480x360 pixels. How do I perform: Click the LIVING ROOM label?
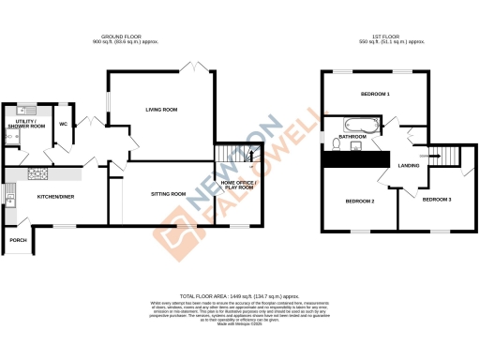click(x=161, y=110)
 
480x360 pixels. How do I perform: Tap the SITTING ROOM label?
click(x=169, y=193)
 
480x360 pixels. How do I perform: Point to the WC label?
click(x=62, y=123)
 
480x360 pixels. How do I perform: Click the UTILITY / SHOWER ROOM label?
click(x=23, y=123)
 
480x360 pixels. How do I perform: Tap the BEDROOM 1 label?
click(x=375, y=95)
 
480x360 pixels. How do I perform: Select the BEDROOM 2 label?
click(x=360, y=201)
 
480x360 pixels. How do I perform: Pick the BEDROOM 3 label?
click(x=436, y=200)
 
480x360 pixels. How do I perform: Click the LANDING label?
click(x=409, y=166)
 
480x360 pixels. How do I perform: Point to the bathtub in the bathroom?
click(x=361, y=124)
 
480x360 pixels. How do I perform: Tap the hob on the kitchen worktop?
click(x=41, y=172)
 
